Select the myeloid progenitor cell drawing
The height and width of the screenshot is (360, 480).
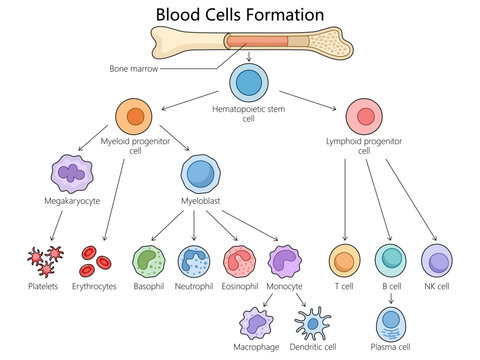point(136,117)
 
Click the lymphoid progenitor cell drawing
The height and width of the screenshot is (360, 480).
point(363,117)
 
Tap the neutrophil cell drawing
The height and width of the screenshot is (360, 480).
point(194,262)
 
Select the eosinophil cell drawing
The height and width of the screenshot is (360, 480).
point(241,262)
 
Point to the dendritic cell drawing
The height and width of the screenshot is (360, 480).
point(314,323)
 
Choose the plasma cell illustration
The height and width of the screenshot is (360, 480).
point(391,322)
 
